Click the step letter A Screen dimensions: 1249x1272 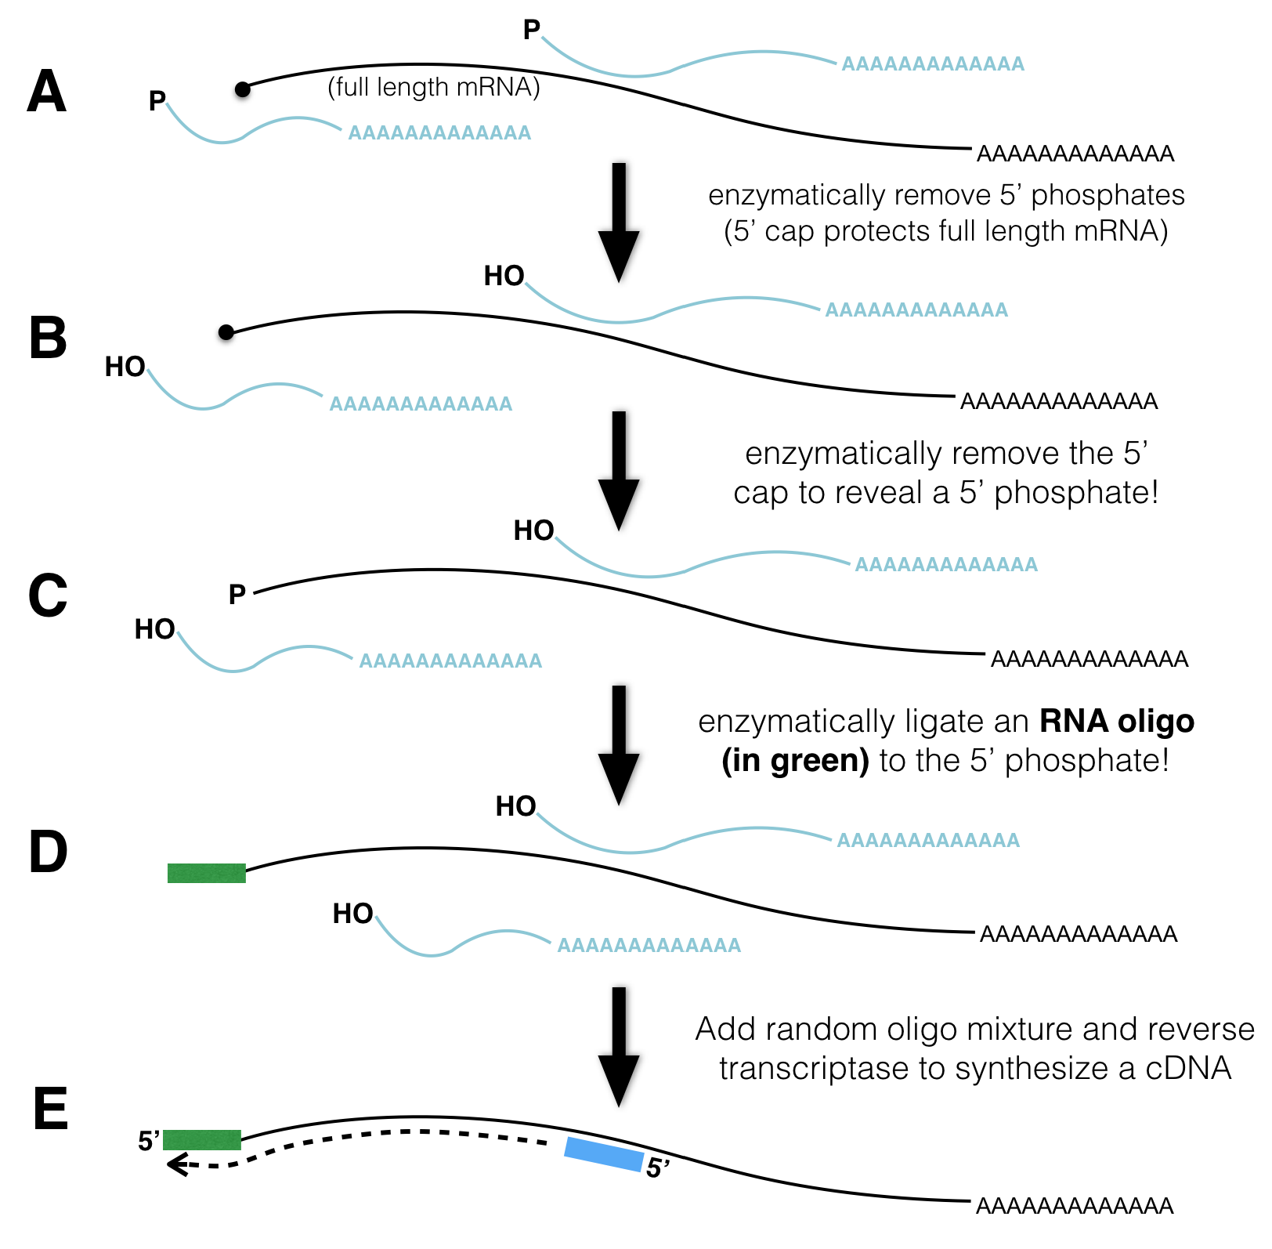47,92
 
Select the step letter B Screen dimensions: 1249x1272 48,338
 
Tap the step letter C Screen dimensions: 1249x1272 48,596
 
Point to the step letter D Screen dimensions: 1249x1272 48,852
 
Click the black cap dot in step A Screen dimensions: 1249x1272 243,89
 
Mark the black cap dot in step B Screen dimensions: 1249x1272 226,333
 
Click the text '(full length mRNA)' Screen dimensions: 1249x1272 434,87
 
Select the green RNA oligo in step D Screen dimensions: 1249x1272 207,873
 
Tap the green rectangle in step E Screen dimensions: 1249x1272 202,1140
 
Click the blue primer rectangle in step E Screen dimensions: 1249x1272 604,1154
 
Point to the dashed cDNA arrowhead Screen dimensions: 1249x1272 175,1165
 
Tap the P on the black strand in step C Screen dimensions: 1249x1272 237,595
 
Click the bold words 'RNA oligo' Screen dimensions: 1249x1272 1117,721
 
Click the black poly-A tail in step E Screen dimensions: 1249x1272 1075,1206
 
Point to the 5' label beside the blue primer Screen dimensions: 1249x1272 658,1168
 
